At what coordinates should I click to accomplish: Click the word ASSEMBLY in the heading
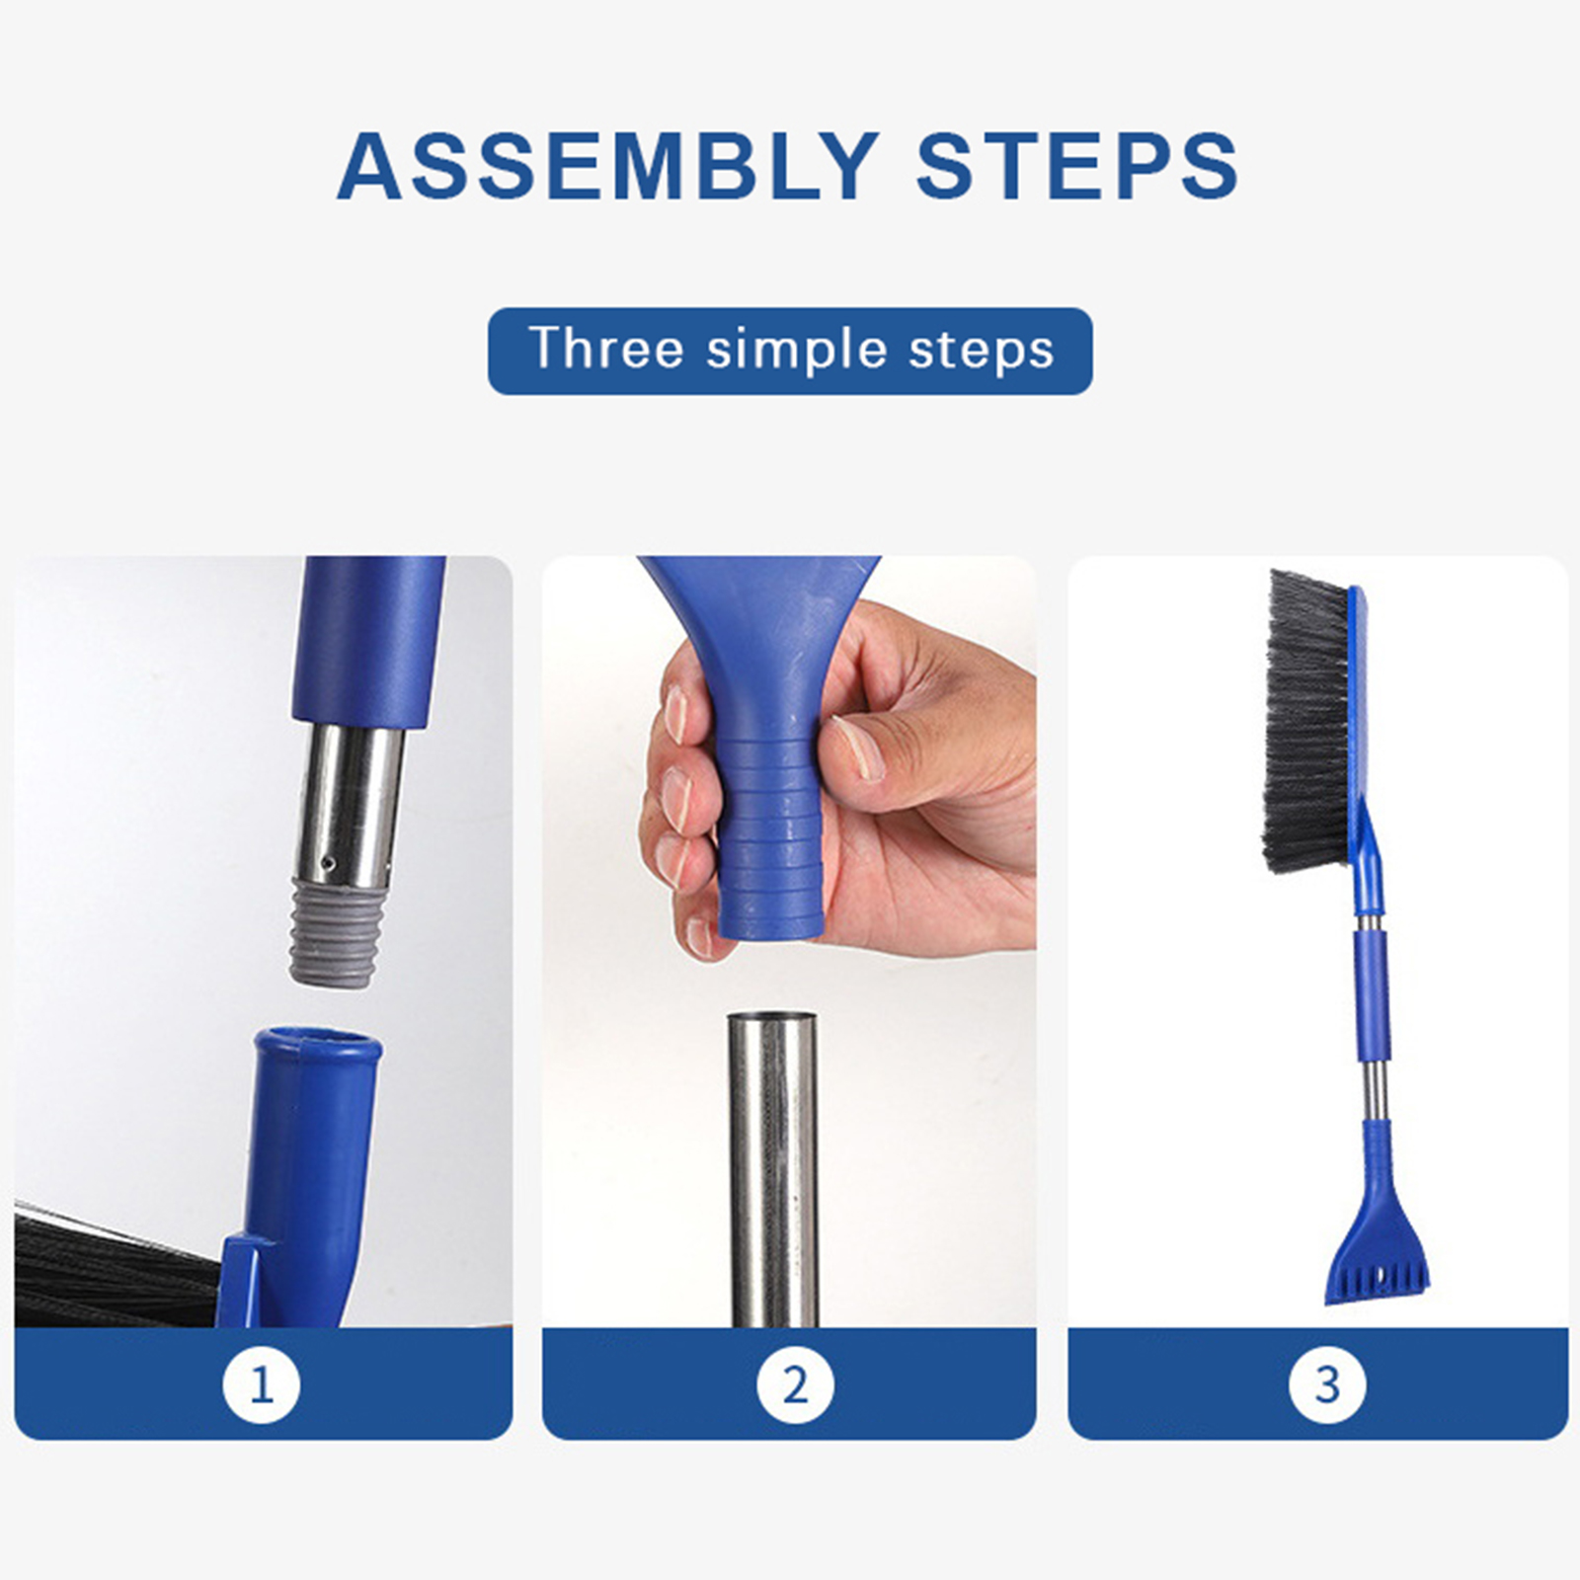point(607,165)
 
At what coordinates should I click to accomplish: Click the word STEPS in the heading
point(1077,165)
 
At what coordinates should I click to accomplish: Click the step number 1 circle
point(262,1384)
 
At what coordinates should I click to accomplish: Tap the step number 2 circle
point(795,1384)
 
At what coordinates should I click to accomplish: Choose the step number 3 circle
point(1327,1384)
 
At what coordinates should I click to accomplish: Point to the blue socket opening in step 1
point(318,1043)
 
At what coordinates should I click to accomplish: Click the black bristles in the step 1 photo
point(114,1269)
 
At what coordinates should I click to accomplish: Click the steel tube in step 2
point(773,1169)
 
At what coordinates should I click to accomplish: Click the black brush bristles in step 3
point(1305,722)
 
